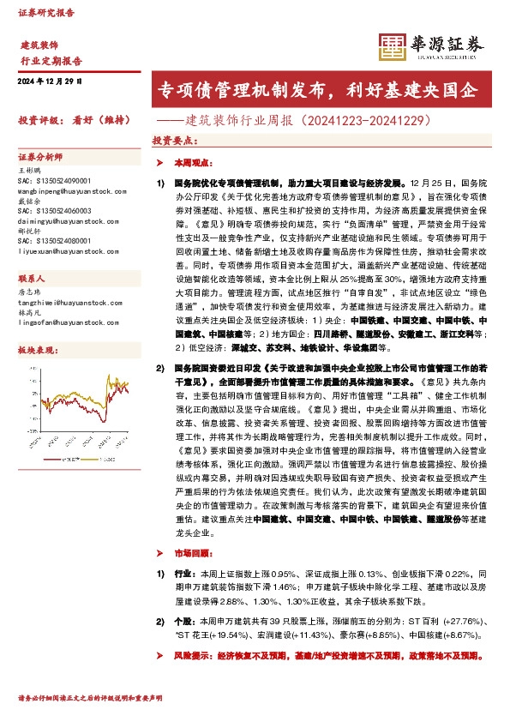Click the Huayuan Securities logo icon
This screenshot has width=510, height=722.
[x=391, y=47]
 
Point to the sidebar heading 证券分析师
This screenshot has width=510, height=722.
[x=41, y=158]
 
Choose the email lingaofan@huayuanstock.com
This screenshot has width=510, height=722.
[x=63, y=322]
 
